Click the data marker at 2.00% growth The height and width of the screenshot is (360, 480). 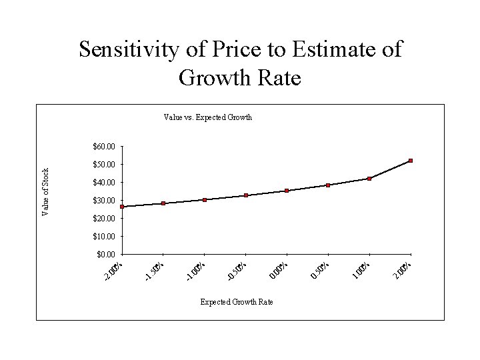(x=411, y=161)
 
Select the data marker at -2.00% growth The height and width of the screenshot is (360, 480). (x=123, y=207)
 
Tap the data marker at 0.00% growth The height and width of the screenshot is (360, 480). (x=287, y=191)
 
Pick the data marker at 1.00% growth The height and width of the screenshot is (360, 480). (x=369, y=179)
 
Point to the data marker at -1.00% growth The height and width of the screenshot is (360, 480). (x=205, y=199)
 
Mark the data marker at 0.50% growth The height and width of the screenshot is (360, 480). (x=328, y=185)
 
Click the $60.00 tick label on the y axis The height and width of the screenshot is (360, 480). (x=104, y=147)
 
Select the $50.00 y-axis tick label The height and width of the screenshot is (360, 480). (x=104, y=165)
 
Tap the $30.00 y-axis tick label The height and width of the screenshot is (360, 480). (x=104, y=201)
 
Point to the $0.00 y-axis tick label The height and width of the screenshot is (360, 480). (x=106, y=255)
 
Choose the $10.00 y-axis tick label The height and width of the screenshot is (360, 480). (x=104, y=237)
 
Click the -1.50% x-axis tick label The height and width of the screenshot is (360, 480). (x=155, y=269)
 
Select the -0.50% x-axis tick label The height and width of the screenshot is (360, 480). (x=238, y=269)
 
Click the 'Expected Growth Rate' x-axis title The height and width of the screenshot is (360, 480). (x=237, y=302)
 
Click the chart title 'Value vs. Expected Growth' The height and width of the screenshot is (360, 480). (x=207, y=117)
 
